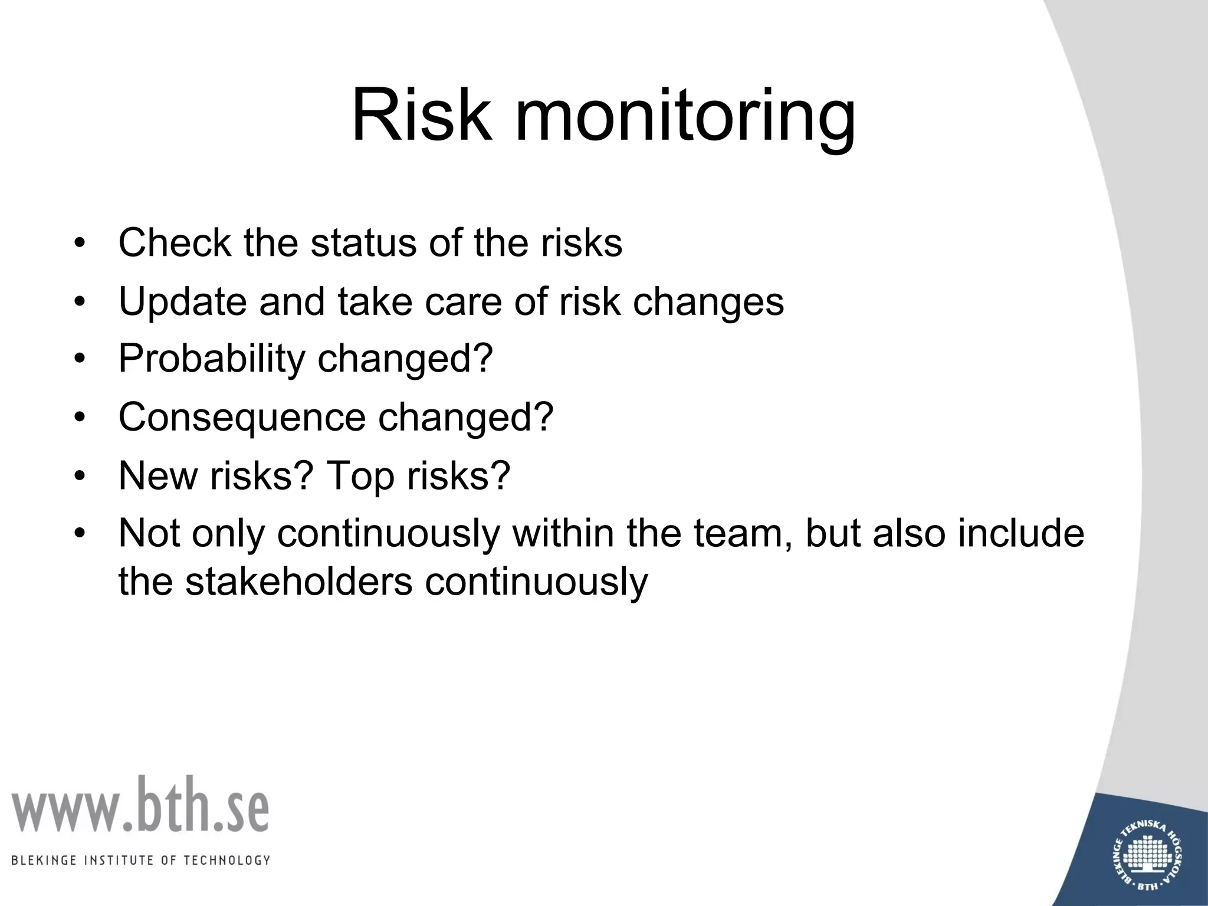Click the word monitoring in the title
[684, 118]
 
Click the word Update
[182, 301]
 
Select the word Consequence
[242, 417]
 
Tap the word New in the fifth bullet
[157, 475]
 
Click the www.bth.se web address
[140, 806]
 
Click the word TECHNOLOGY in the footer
[227, 861]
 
